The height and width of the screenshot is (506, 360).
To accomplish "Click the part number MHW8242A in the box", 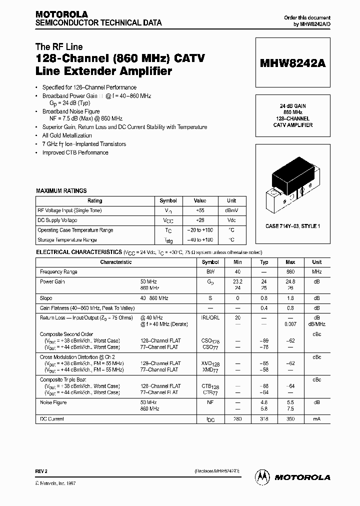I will (292, 63).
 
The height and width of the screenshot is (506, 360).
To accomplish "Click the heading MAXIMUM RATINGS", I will (61, 190).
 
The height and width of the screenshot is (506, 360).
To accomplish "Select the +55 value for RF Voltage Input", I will (200, 210).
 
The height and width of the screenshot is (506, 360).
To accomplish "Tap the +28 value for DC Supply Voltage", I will (200, 220).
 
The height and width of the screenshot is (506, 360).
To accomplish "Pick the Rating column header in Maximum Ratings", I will (94, 200).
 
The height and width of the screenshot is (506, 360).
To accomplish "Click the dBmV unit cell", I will (231, 210).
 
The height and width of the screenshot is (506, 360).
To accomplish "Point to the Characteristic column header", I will (115, 262).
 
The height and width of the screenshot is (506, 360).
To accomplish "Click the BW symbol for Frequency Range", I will (210, 271).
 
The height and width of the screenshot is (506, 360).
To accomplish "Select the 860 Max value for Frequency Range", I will (290, 271).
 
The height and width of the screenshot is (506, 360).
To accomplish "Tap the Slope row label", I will (46, 298).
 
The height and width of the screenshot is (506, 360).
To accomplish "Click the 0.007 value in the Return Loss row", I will (290, 324).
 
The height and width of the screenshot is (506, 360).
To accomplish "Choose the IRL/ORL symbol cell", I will (210, 317).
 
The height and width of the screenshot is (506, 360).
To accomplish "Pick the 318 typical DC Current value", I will (264, 419).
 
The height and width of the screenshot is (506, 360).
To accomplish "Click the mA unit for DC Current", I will (316, 419).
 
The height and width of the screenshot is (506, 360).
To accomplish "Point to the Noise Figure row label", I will (53, 402).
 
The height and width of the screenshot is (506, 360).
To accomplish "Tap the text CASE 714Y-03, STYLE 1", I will (292, 226).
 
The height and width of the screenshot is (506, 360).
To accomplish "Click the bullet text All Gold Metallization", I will (67, 135).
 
